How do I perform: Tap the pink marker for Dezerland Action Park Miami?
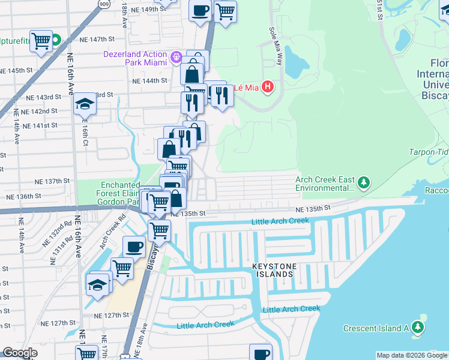tap(176, 58)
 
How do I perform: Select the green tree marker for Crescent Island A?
tap(418, 328)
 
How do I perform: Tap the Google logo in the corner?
tap(20, 353)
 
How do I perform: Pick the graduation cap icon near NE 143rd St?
tap(85, 104)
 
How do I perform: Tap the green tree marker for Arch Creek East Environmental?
tap(363, 181)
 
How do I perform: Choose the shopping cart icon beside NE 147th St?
tap(41, 41)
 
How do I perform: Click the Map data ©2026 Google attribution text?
tap(412, 355)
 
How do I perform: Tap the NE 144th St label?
tap(150, 80)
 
